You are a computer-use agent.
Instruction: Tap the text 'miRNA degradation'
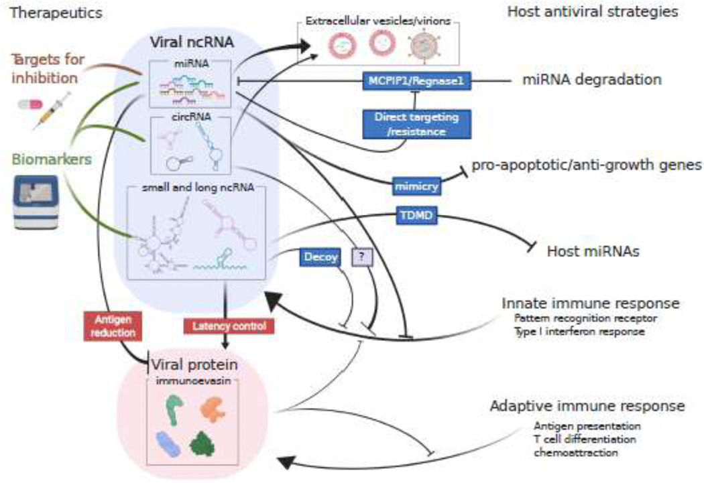pos(592,80)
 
